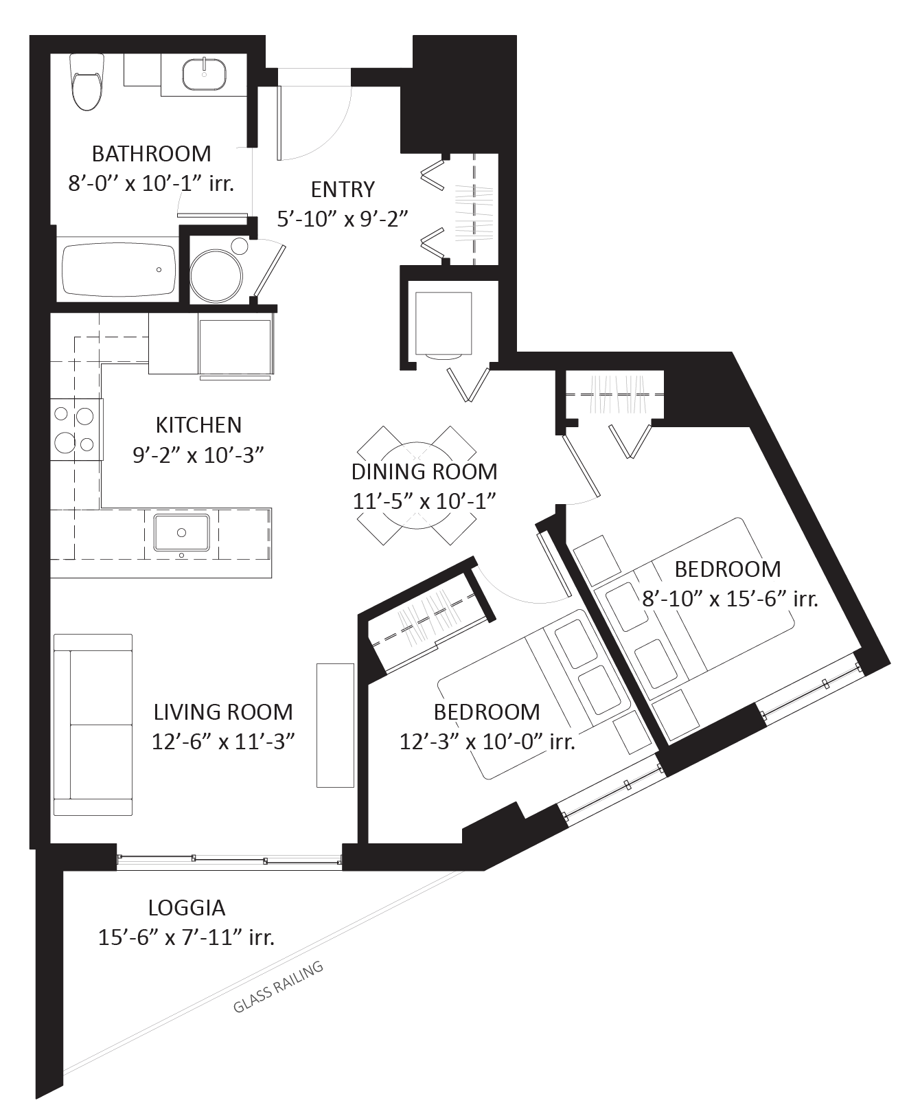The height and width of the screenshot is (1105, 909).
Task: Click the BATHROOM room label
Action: point(151,153)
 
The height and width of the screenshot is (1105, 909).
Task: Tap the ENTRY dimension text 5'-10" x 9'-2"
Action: point(343,218)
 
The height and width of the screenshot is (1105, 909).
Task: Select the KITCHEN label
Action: point(198,425)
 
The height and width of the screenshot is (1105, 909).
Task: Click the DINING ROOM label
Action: point(424,472)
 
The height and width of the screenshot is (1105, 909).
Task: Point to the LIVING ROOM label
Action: point(223,711)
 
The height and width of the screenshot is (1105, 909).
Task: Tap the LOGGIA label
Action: point(186,908)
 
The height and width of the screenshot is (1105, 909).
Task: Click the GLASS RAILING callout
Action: point(278,988)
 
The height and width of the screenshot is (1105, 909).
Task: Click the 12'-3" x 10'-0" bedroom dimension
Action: point(486,742)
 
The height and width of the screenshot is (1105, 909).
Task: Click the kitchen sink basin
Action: point(181,532)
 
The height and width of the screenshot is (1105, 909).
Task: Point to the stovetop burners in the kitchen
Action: point(74,429)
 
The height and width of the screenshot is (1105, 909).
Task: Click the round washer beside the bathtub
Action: point(216,271)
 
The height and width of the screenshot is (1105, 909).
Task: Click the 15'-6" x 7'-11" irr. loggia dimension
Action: point(186,937)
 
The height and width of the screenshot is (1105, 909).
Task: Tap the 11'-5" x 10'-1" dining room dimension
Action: point(424,501)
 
